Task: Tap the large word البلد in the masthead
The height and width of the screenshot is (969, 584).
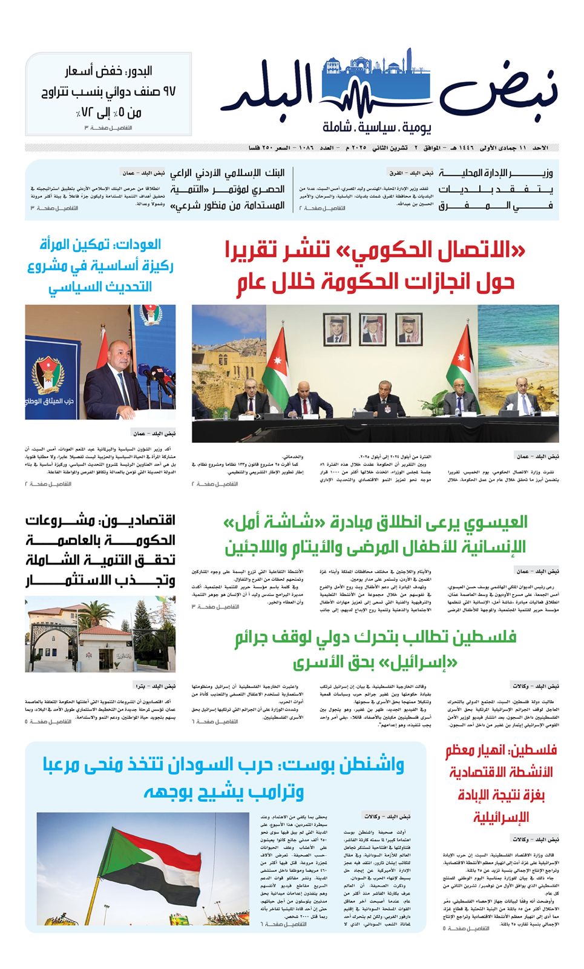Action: point(269,91)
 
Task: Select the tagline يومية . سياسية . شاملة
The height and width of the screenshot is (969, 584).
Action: point(377,128)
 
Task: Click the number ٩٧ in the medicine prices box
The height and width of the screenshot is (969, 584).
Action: point(164,92)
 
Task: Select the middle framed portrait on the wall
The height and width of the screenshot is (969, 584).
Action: point(374,328)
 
